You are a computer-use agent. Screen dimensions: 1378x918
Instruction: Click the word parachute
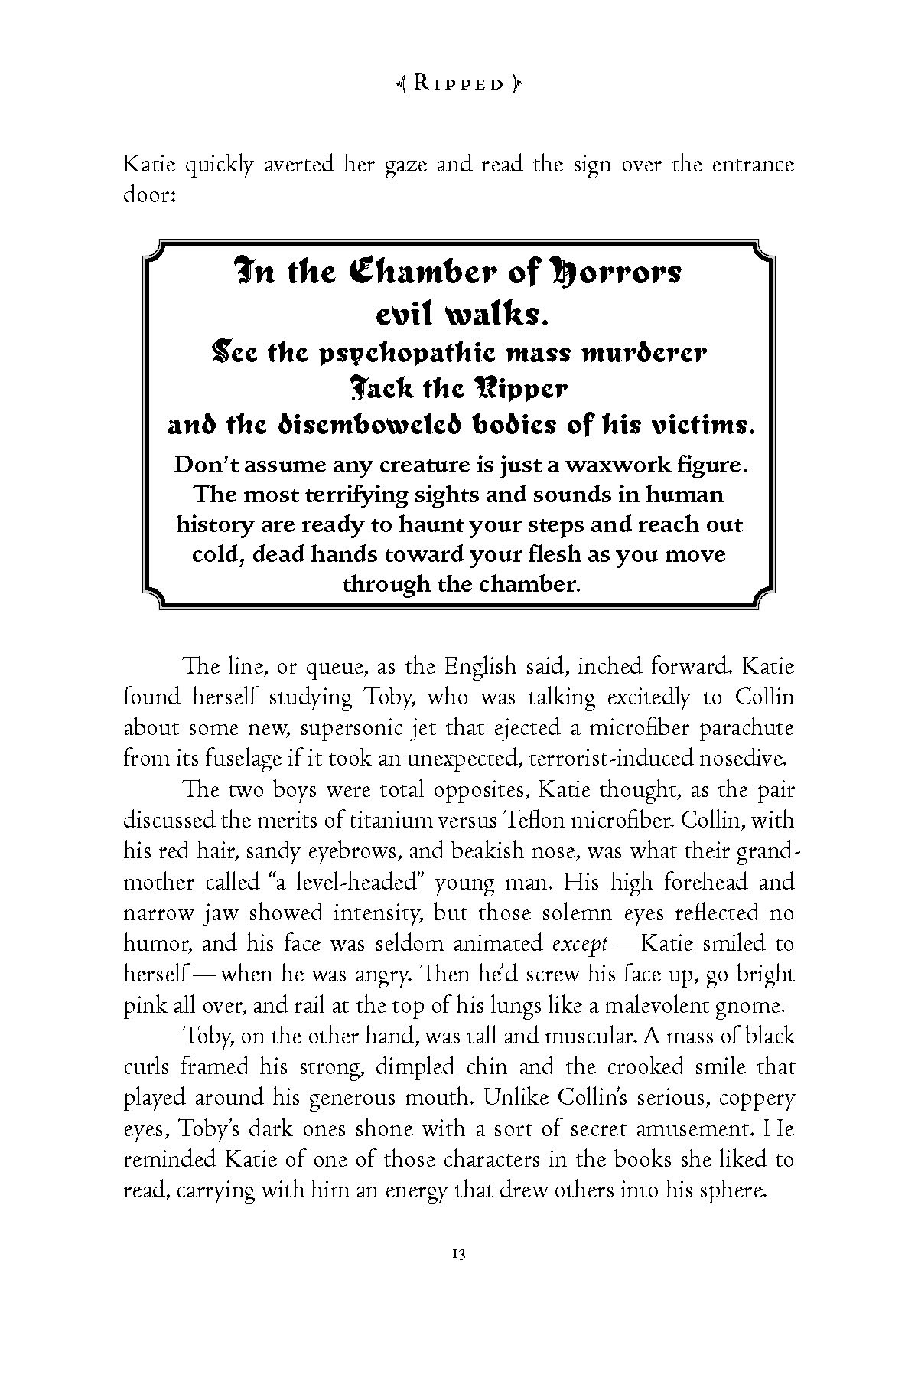click(x=734, y=728)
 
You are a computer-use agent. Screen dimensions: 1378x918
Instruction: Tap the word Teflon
click(x=527, y=821)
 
